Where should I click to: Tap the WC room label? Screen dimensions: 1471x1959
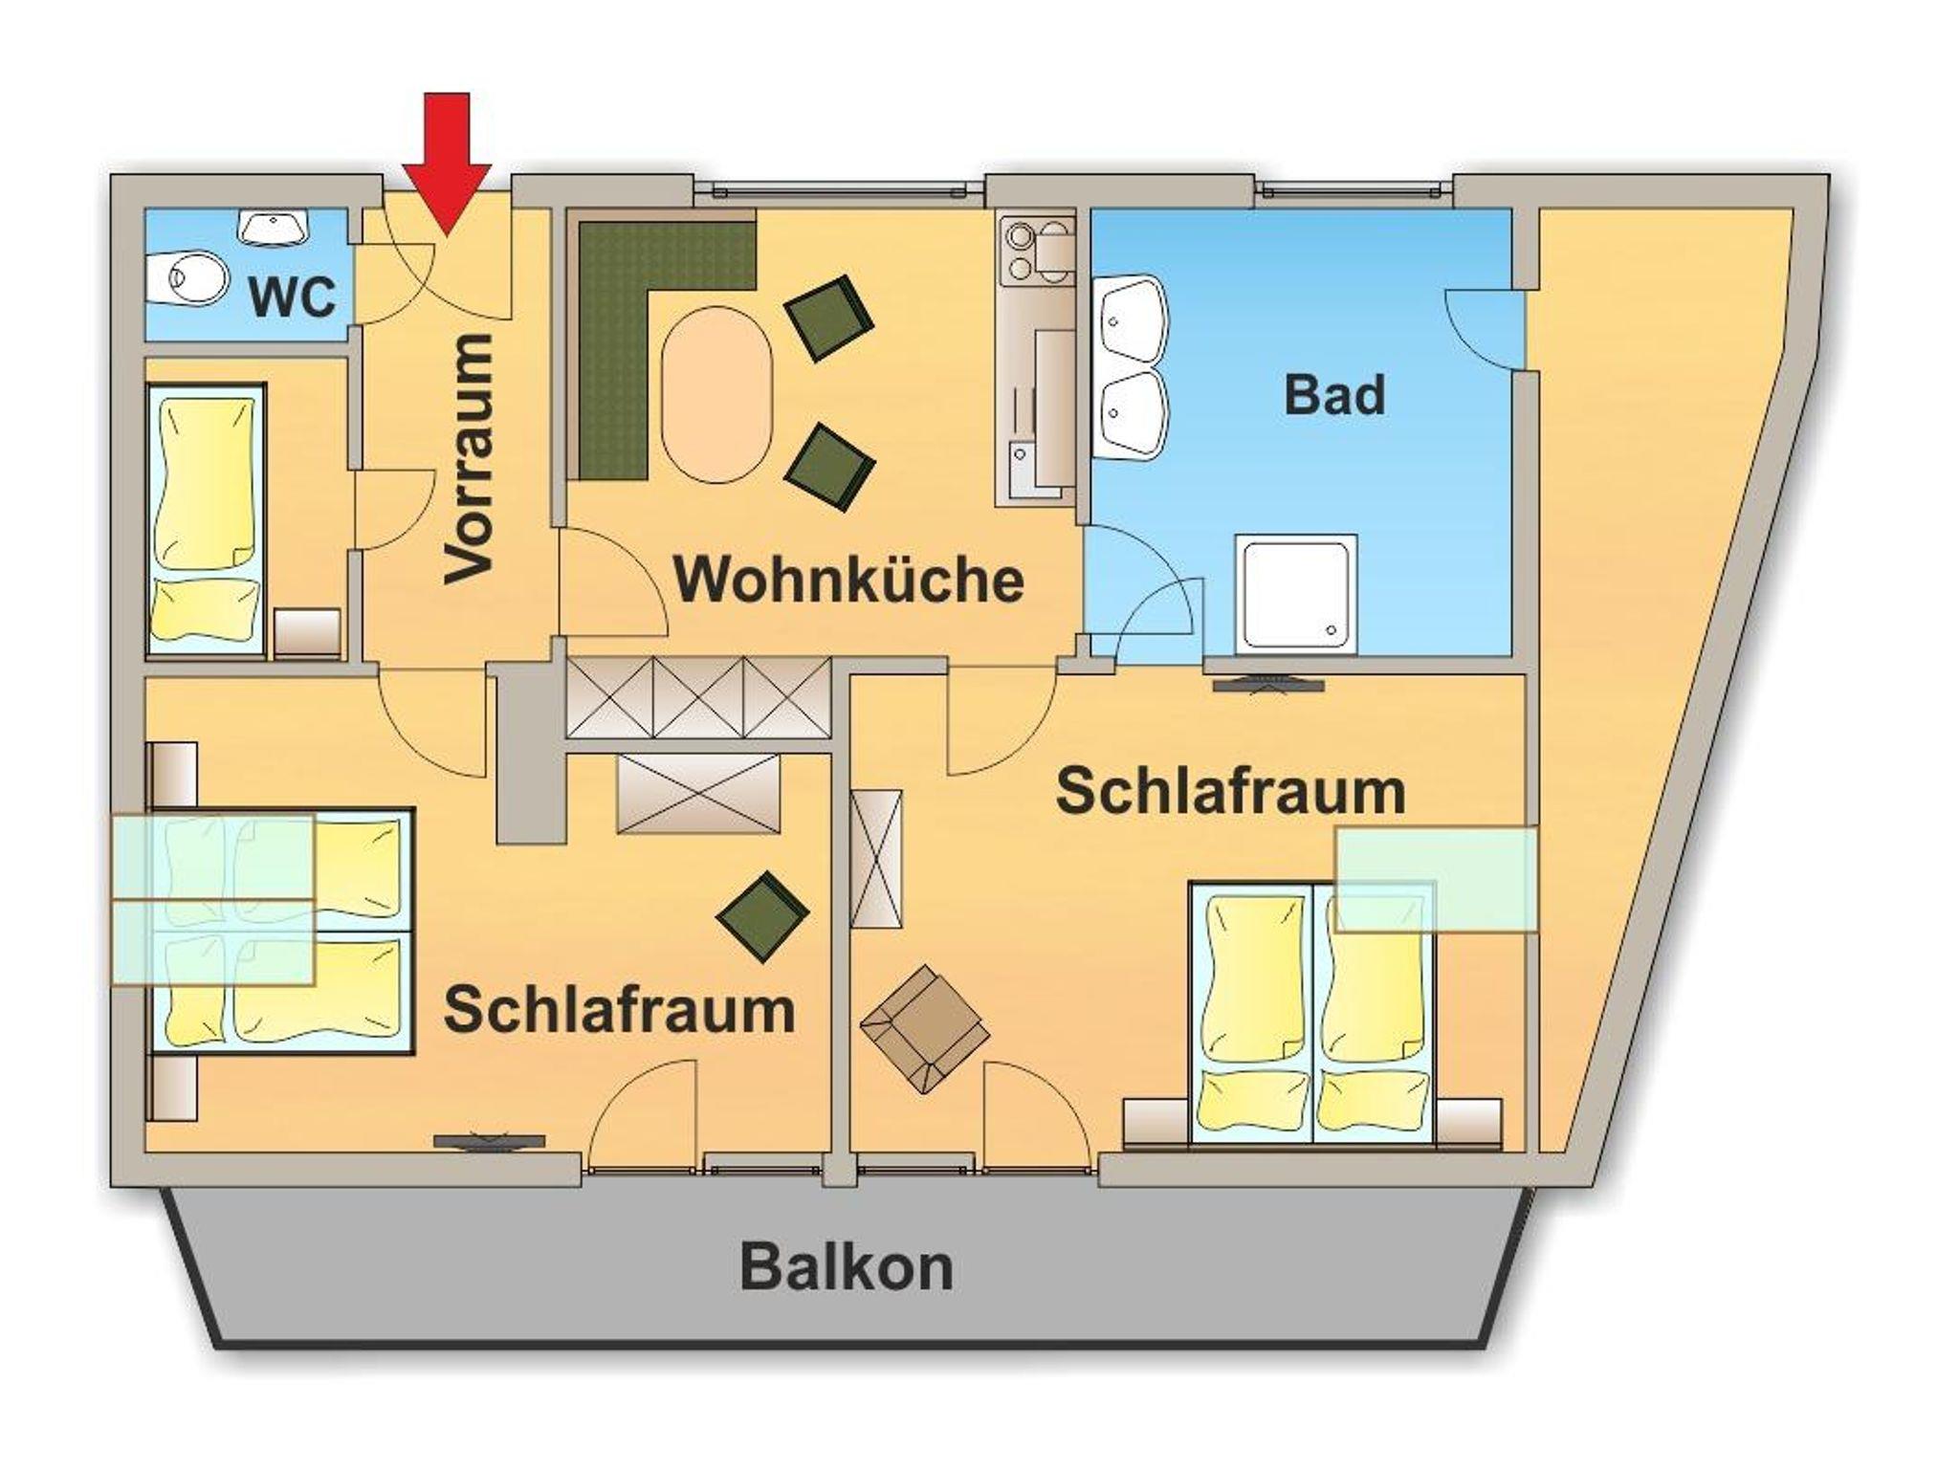(293, 297)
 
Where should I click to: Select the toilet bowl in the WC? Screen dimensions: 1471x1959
(191, 278)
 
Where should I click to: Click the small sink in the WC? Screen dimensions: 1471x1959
(274, 227)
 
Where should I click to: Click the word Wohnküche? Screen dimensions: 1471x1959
(849, 580)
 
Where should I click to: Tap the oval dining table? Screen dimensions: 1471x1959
(716, 393)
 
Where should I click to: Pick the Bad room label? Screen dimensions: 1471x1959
(1334, 395)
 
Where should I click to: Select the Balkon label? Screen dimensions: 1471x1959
(847, 1268)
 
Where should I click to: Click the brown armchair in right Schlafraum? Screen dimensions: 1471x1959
(923, 1028)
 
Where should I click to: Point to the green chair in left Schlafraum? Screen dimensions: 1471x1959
(762, 916)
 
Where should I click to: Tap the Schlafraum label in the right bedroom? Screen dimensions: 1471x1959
(1231, 792)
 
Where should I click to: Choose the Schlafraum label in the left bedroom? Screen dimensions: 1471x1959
(619, 1010)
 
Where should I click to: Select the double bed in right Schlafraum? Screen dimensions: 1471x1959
(1311, 1014)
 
